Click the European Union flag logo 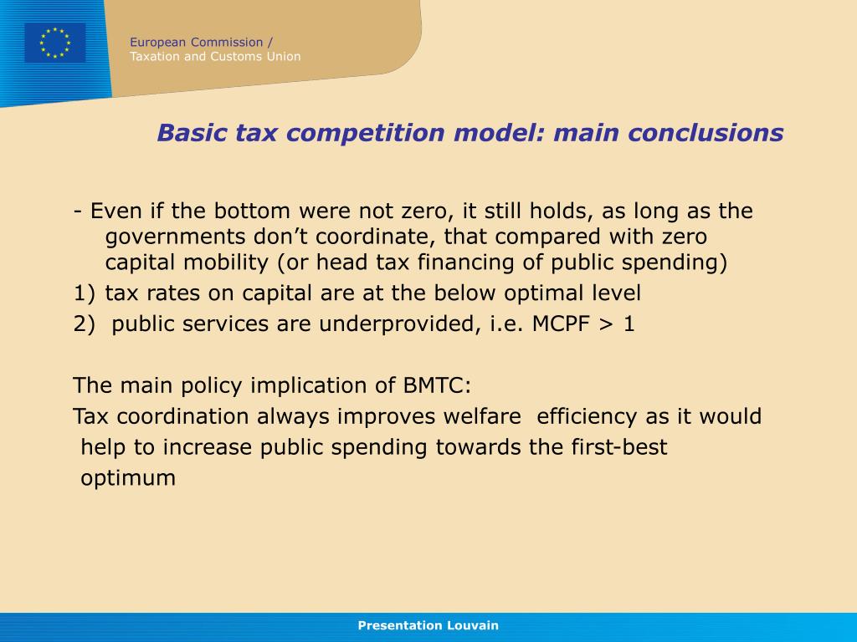[x=54, y=43]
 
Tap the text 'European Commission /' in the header [x=201, y=42]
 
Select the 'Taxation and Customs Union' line [x=215, y=57]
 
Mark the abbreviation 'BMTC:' [x=437, y=385]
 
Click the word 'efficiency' [x=588, y=416]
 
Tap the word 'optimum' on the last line [x=128, y=478]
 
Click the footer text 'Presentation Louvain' [x=428, y=625]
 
